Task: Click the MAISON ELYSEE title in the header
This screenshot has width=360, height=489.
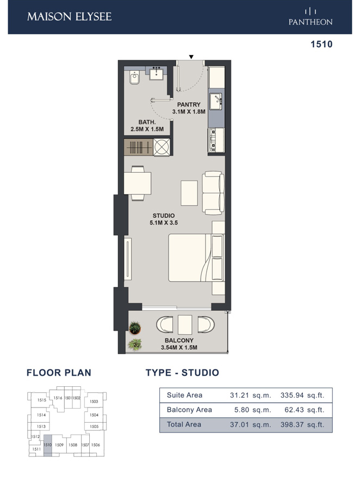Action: (69, 16)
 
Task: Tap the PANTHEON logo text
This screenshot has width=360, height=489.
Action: (311, 22)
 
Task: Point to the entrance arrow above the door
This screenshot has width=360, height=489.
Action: (191, 57)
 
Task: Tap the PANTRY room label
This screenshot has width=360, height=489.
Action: (189, 105)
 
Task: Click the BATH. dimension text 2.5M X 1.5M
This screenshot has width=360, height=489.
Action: (147, 129)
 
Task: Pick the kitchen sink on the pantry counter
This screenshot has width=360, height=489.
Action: (216, 101)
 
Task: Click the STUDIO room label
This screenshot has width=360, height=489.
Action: (163, 216)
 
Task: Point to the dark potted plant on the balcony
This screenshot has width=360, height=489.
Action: (134, 328)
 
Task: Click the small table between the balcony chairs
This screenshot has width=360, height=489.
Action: (185, 324)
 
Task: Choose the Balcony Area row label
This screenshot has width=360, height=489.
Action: (189, 410)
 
